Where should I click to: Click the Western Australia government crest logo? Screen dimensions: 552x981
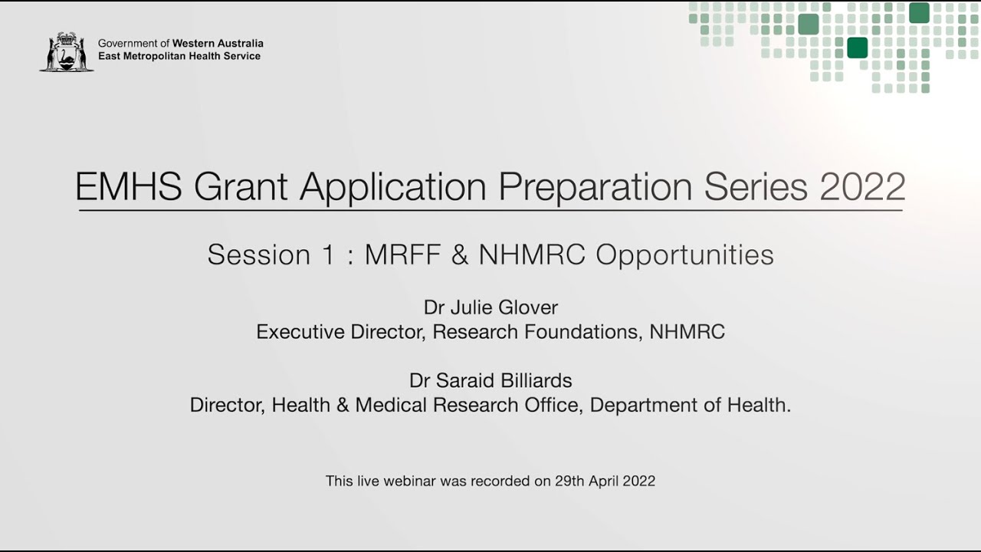[67, 52]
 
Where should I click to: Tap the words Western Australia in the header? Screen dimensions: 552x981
[218, 44]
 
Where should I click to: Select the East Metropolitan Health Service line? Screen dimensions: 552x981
[179, 57]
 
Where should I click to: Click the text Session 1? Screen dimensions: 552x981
[271, 255]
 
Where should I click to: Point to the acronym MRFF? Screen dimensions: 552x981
[402, 255]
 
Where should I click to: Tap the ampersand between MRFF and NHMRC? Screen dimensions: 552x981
[459, 255]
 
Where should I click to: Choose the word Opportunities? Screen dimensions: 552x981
[684, 255]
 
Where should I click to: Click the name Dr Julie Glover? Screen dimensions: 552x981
[490, 308]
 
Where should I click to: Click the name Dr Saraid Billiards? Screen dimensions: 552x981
[490, 381]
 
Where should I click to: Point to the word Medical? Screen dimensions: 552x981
[390, 406]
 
